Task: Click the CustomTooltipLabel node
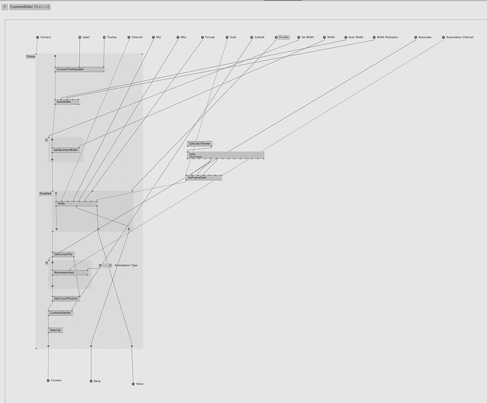[x=70, y=69]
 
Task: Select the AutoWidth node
[x=65, y=102]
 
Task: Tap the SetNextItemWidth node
[x=66, y=149]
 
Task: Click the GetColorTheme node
[x=200, y=144]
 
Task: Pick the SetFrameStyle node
[x=197, y=177]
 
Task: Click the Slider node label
[x=61, y=203]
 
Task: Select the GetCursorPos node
[x=63, y=254]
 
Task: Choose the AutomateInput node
[x=65, y=272]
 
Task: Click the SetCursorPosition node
[x=66, y=298]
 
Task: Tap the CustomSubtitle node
[x=60, y=313]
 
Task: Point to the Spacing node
[x=55, y=330]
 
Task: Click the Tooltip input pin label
[x=112, y=37]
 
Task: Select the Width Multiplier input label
[x=387, y=37]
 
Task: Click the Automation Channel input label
[x=460, y=37]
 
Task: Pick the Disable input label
[x=284, y=37]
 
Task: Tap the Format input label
[x=210, y=37]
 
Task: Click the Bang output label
[x=97, y=380]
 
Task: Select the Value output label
[x=139, y=384]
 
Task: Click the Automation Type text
[x=126, y=265]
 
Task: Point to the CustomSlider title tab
[x=29, y=6]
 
